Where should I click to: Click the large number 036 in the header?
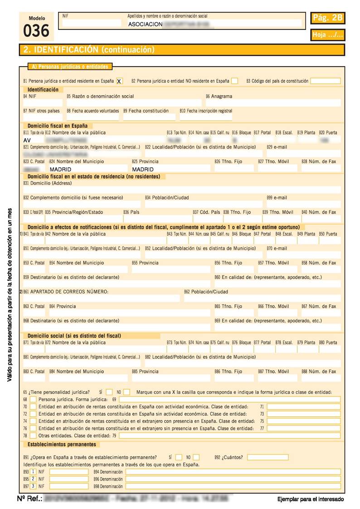pyautogui.click(x=36, y=31)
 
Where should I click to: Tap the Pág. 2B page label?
pyautogui.click(x=328, y=18)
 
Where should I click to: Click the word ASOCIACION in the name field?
pyautogui.click(x=145, y=24)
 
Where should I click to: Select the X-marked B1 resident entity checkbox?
pyautogui.click(x=119, y=81)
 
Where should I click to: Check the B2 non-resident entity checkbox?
pyautogui.click(x=234, y=81)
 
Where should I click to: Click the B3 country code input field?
pyautogui.click(x=325, y=81)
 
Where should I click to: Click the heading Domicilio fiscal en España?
pyautogui.click(x=57, y=126)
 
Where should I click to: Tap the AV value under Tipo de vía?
pyautogui.click(x=27, y=140)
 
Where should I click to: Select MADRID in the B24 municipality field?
pyautogui.click(x=61, y=169)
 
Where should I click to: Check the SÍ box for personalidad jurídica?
pyautogui.click(x=109, y=392)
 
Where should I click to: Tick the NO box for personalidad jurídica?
pyautogui.click(x=127, y=392)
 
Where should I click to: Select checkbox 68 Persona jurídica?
pyautogui.click(x=33, y=399)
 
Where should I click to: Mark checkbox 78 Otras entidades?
pyautogui.click(x=33, y=435)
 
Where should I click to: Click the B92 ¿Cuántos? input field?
pyautogui.click(x=268, y=457)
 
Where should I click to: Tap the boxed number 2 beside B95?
pyautogui.click(x=33, y=479)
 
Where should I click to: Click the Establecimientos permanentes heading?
pyautogui.click(x=62, y=445)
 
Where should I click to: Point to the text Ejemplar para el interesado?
pyautogui.click(x=310, y=499)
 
